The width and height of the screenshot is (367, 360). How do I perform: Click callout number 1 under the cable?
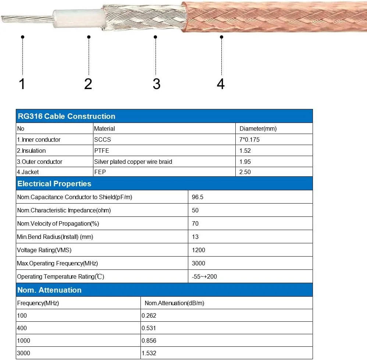click(x=22, y=84)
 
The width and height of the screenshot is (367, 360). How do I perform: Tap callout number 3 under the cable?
click(x=157, y=84)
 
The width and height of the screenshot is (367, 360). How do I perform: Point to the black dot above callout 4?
click(x=222, y=37)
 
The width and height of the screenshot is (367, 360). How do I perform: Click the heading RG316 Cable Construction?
click(x=66, y=116)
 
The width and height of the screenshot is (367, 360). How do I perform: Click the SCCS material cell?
click(x=103, y=140)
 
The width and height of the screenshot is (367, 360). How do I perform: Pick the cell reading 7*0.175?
click(x=250, y=140)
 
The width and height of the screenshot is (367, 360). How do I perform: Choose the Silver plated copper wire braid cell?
click(x=133, y=162)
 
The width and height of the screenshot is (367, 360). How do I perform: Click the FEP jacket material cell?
click(x=100, y=172)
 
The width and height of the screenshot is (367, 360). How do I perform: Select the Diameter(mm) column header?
click(x=258, y=128)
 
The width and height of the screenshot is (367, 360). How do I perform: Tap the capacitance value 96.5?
click(x=197, y=197)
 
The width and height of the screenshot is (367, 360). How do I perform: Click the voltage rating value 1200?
click(x=199, y=250)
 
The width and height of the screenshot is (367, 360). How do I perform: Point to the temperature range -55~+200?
click(x=204, y=276)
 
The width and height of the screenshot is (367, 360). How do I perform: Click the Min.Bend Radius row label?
click(x=55, y=237)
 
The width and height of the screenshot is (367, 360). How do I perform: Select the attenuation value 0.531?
click(x=149, y=328)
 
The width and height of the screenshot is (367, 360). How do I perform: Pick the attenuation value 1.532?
click(x=149, y=353)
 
